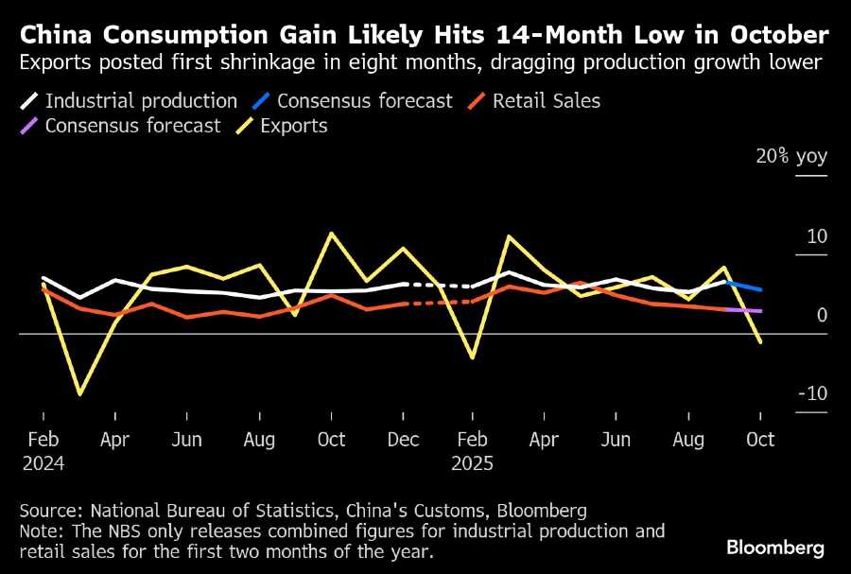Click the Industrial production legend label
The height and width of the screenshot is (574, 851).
tap(141, 101)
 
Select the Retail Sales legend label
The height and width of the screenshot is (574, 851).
tap(547, 101)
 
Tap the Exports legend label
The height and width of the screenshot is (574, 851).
tap(295, 126)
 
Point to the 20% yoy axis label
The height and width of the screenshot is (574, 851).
tap(790, 157)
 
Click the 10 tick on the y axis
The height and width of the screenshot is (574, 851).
tap(816, 236)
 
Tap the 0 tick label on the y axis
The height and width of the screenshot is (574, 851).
tap(822, 315)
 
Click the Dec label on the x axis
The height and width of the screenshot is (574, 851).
tap(404, 440)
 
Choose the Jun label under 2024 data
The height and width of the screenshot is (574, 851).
tap(187, 440)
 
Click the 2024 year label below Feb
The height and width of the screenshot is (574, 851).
tap(43, 464)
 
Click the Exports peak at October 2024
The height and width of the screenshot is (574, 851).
tap(331, 233)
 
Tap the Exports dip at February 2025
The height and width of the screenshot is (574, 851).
tap(471, 358)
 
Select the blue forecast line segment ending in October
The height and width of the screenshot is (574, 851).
tap(744, 286)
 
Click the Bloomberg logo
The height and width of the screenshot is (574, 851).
tap(774, 548)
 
